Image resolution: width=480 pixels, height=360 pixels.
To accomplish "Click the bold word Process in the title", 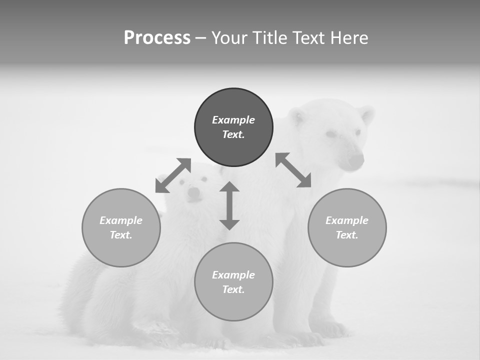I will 157,38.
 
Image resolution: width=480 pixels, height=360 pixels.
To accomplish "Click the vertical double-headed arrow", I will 229,205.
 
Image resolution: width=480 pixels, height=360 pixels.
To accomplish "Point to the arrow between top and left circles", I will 173,175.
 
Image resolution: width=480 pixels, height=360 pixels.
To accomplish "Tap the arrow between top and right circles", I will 293,170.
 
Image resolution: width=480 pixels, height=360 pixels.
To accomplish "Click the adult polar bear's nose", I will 356,160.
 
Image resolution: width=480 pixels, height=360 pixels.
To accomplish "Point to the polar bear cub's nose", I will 193,192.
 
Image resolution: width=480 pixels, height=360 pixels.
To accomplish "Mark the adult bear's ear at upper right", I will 366,115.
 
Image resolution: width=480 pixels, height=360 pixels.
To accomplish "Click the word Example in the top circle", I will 233,120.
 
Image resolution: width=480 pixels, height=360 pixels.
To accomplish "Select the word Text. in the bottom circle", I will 233,289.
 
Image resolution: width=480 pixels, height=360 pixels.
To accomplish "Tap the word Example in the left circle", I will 121,220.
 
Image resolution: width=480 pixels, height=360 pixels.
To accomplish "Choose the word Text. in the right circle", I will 347,235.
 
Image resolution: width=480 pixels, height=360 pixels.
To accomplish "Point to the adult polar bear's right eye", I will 331,134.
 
